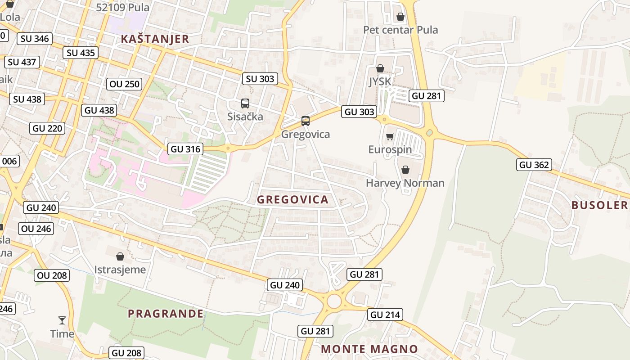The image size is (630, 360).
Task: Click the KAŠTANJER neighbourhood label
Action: [155, 39]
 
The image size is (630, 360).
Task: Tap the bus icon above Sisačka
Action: [245, 103]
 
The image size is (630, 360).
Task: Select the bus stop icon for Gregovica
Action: [306, 121]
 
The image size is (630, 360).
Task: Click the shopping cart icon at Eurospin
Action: [390, 136]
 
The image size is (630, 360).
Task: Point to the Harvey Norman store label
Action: [405, 183]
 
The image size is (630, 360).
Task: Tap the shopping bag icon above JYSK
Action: [380, 68]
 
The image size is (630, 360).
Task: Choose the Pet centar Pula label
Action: [400, 30]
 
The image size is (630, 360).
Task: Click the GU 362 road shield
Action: [534, 165]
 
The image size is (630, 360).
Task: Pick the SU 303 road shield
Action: [260, 79]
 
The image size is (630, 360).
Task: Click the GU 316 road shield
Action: [185, 148]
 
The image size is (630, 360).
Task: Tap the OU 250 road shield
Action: [124, 84]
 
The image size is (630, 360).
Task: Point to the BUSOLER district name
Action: [599, 205]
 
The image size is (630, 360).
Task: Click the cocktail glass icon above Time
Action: [62, 320]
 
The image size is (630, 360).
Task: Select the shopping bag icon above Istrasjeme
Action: [120, 256]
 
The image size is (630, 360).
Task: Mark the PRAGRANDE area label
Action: [166, 314]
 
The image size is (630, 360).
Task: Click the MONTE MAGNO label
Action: [369, 349]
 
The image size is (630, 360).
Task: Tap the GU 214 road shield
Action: [385, 315]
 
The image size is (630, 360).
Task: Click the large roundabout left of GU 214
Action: [334, 301]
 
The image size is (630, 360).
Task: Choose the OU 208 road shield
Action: [52, 275]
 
